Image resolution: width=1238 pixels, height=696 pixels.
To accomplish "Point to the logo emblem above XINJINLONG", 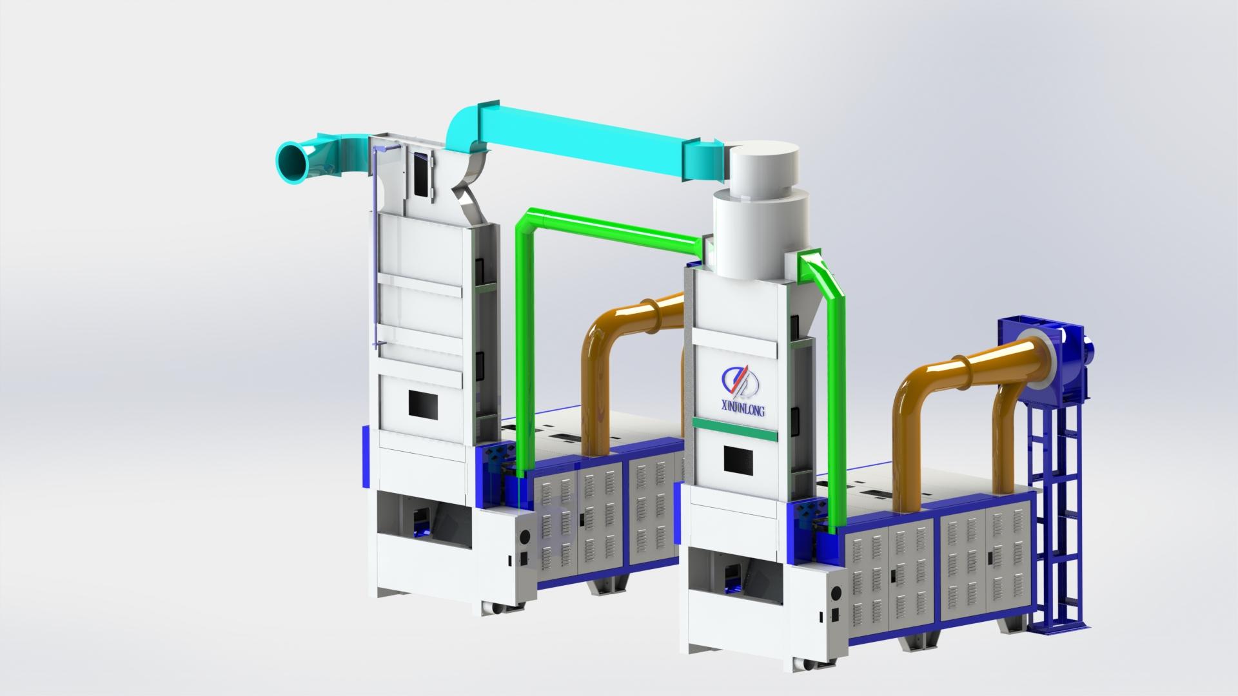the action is tap(741, 380).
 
